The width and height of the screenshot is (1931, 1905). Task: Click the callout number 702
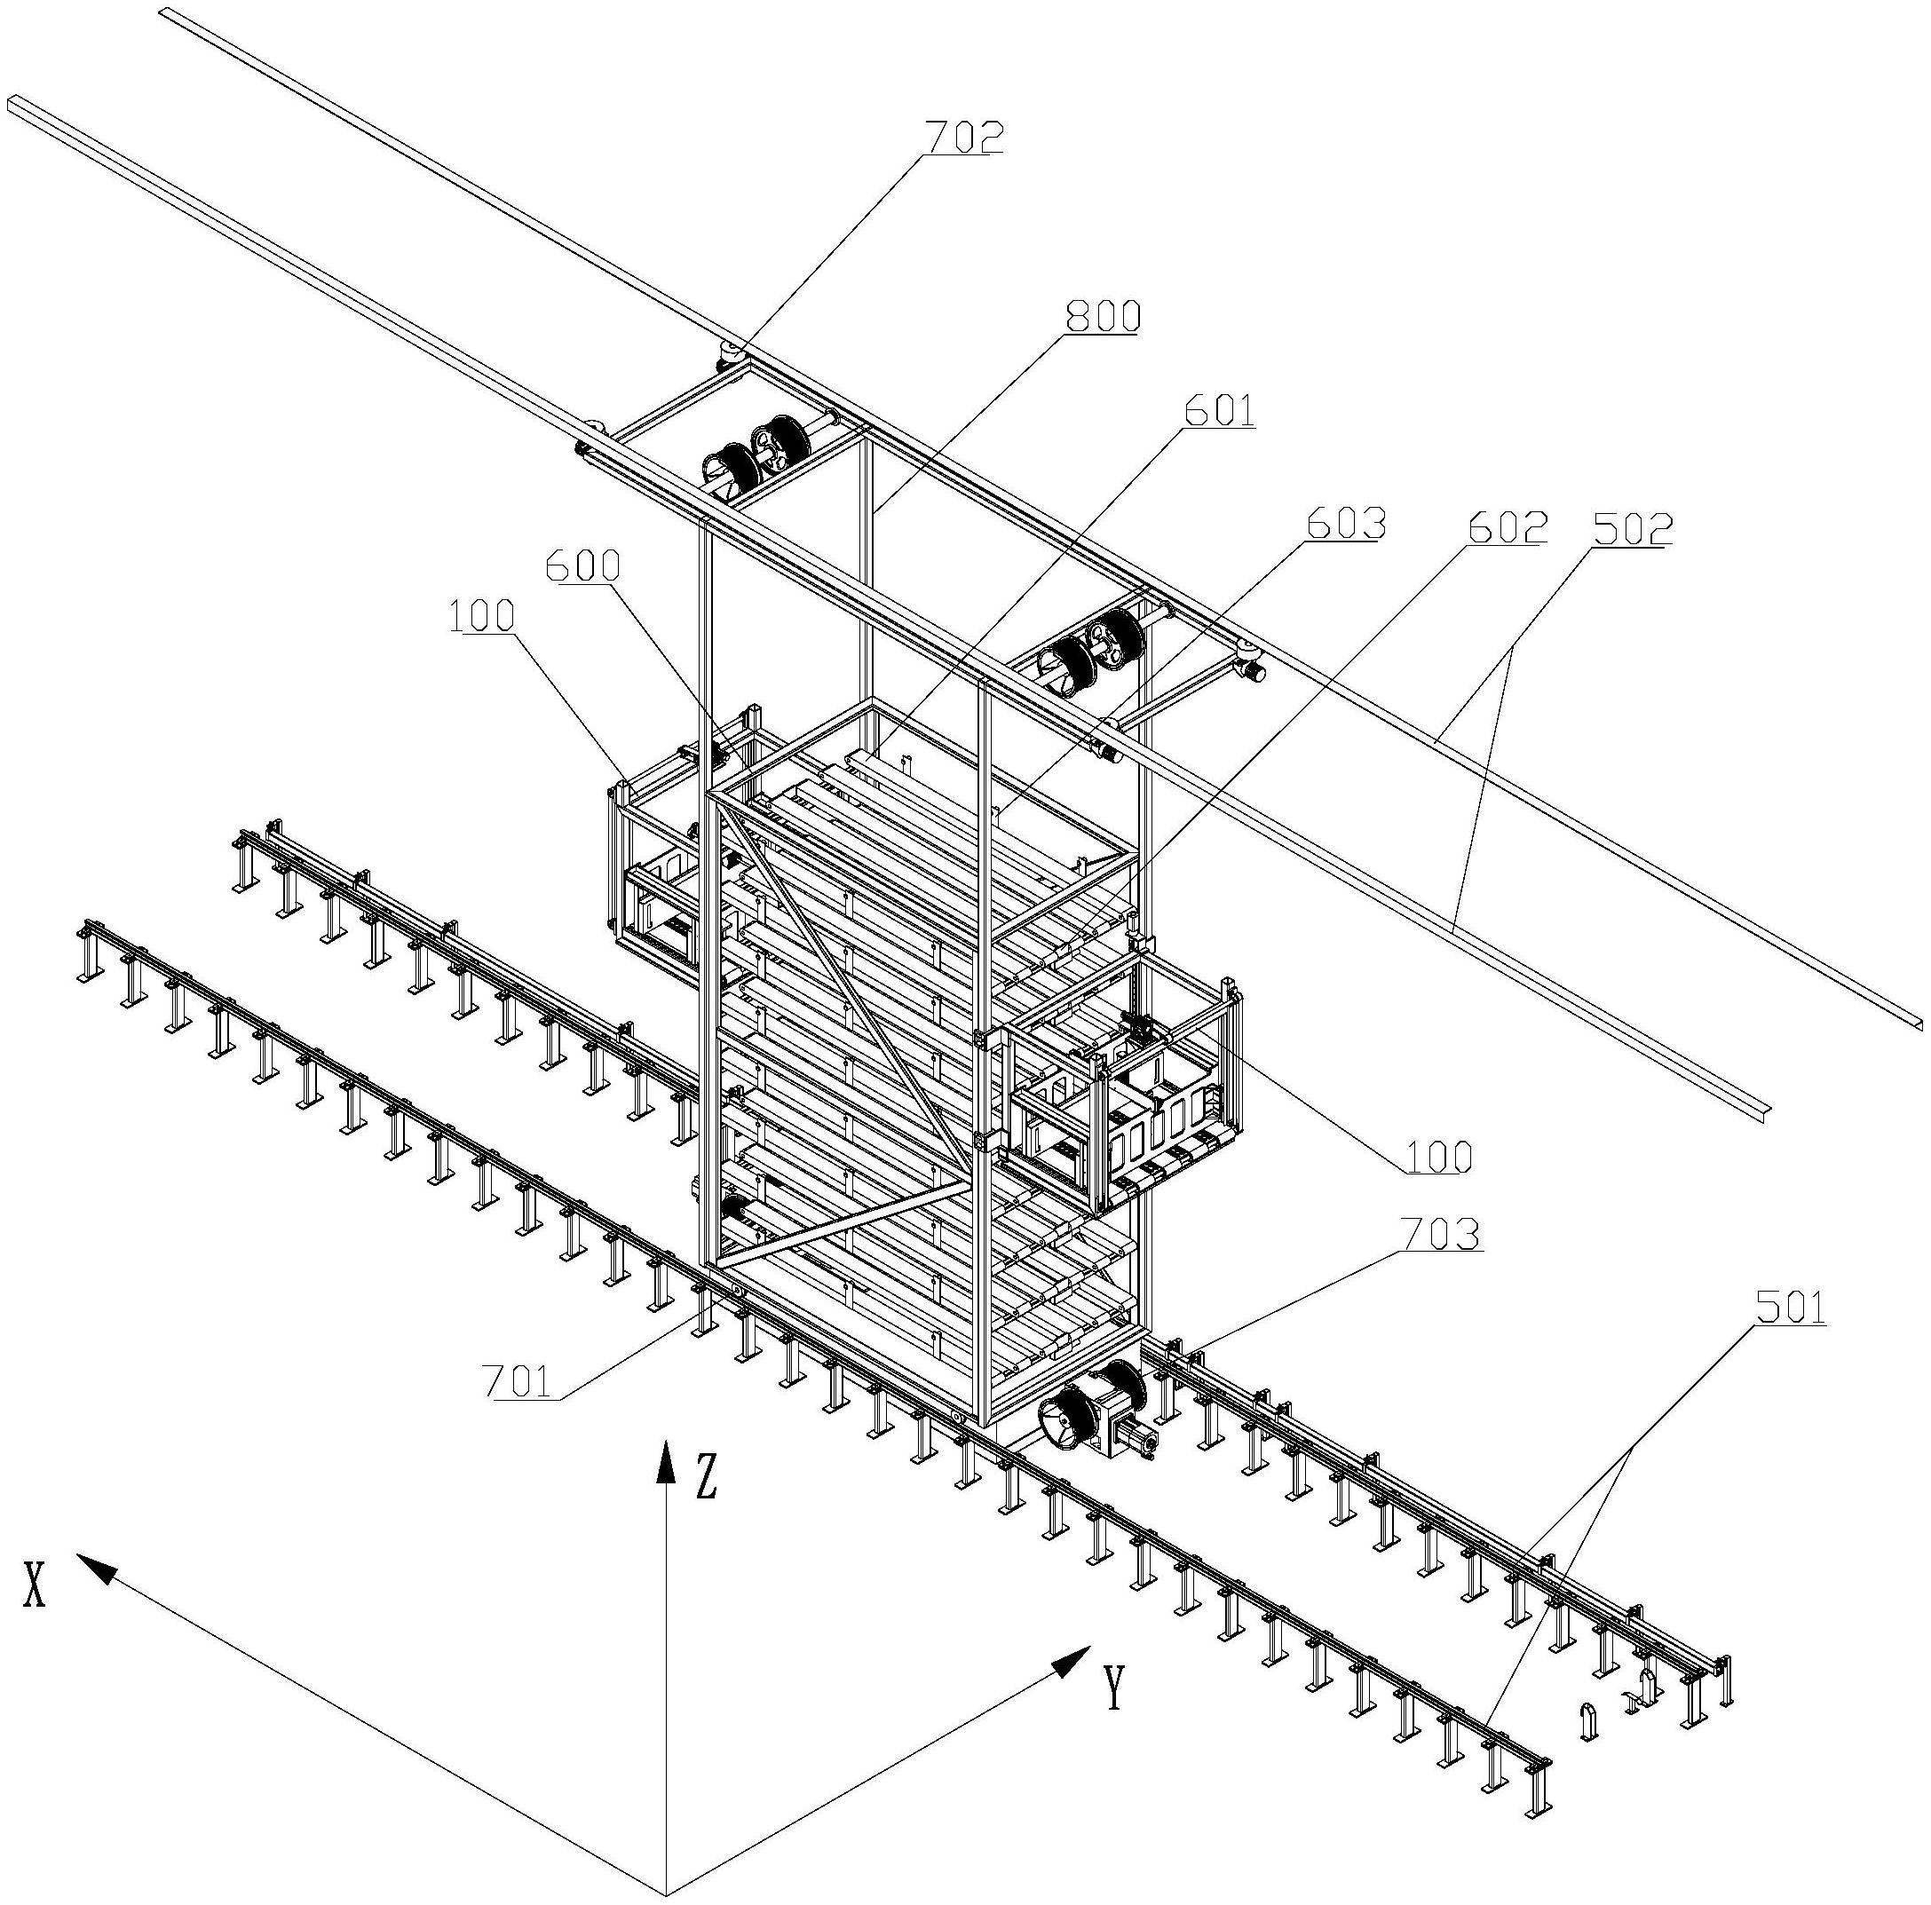[x=962, y=137]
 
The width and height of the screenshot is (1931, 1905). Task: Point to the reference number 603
[x=1346, y=524]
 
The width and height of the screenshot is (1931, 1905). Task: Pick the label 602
[x=1508, y=526]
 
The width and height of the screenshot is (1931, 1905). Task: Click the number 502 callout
[x=1632, y=529]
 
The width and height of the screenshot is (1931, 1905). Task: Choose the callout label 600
[x=582, y=566]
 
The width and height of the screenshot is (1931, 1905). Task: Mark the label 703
[x=1441, y=1237]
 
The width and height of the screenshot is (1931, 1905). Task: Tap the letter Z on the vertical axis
[x=707, y=1476]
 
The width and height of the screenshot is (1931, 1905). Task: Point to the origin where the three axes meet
[x=666, y=1893]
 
